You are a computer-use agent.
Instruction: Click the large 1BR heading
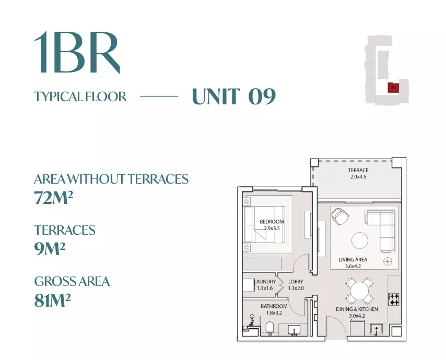[77, 52]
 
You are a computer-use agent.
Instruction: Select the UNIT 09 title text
[234, 97]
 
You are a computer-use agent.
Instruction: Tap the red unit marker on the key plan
[393, 88]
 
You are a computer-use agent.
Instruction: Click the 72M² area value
[53, 198]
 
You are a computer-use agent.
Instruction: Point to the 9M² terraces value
[50, 249]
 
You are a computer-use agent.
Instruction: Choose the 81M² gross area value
[52, 300]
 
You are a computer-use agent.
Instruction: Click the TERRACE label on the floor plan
[358, 170]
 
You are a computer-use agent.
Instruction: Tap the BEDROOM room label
[272, 222]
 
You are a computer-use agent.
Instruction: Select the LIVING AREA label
[353, 259]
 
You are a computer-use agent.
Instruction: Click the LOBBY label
[296, 282]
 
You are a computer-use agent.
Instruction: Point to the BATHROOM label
[274, 306]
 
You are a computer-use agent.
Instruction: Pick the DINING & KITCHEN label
[357, 309]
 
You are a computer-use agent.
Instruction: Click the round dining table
[359, 291]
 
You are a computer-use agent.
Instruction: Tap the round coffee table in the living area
[359, 241]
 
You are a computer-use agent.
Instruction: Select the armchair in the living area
[340, 217]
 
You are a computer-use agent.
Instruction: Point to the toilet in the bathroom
[269, 328]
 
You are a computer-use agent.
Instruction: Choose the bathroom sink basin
[294, 330]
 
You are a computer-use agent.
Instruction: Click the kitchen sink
[377, 329]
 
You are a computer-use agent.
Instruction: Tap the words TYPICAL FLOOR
[80, 97]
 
